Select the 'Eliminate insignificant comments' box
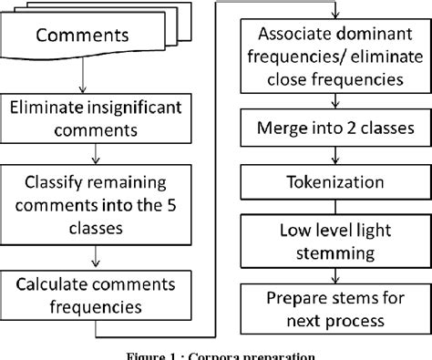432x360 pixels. tap(97, 118)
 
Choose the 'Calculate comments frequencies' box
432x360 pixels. tap(97, 293)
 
